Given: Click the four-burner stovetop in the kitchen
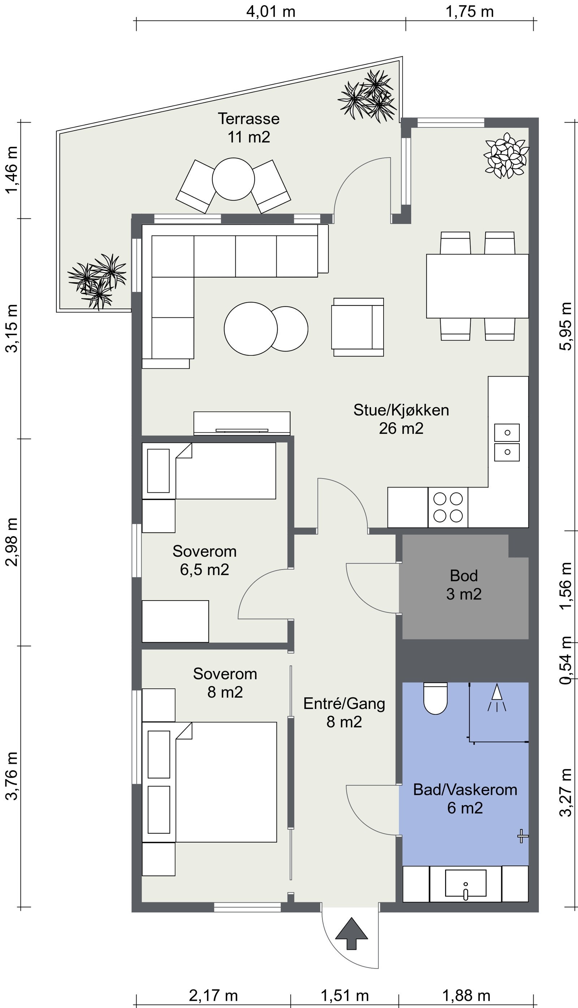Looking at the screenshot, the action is click(448, 507).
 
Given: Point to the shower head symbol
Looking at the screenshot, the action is click(497, 697).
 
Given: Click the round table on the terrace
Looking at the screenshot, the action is click(233, 179).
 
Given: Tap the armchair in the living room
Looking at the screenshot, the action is click(358, 327).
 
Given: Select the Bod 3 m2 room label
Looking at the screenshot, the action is click(464, 585).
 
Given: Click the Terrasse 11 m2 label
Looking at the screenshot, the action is click(249, 128).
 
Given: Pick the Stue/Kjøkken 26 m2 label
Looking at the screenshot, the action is click(401, 419).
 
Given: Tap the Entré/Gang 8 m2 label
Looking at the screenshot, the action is click(344, 712).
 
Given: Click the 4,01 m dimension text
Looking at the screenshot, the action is click(271, 12).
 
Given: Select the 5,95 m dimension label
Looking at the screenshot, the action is click(565, 326).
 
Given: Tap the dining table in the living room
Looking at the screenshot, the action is click(478, 286).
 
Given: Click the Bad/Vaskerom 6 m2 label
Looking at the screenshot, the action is click(465, 799).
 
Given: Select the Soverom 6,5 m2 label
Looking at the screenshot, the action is click(204, 560).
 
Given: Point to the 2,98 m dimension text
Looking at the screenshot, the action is click(12, 542).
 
